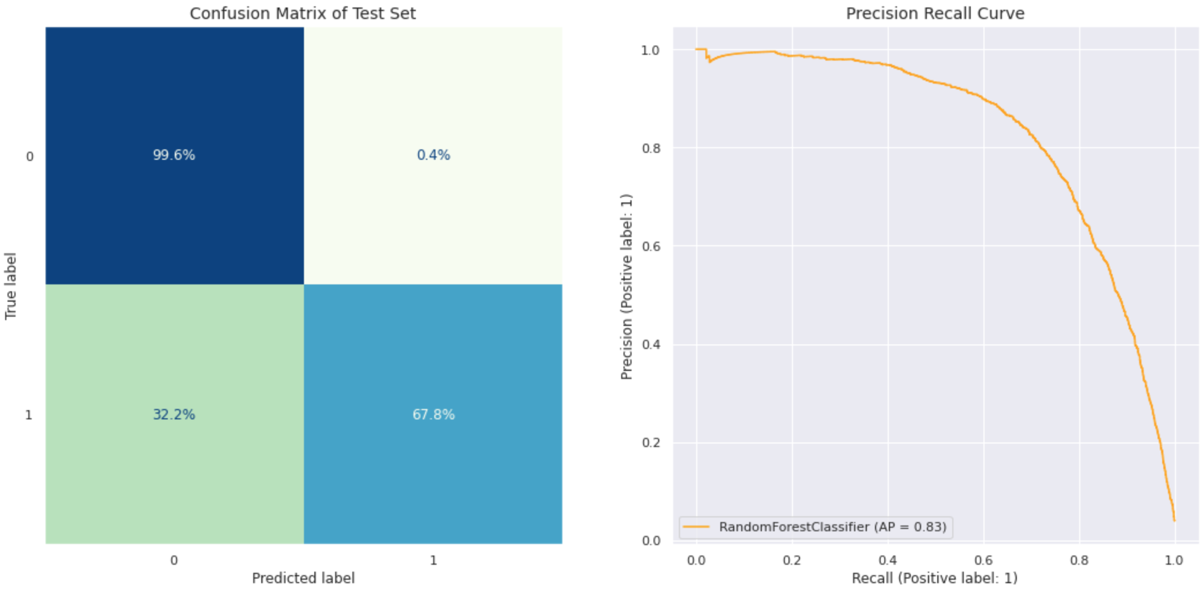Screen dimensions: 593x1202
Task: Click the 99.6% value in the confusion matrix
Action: tap(174, 155)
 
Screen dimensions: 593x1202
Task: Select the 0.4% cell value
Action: tap(433, 155)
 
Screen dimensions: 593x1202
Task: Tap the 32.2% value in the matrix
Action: tap(174, 415)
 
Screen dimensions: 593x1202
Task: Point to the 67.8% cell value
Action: tap(433, 415)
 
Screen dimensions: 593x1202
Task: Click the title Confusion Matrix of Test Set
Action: tap(303, 13)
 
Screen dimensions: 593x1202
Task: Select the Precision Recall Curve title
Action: tap(935, 13)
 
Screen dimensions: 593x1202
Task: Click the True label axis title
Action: tap(10, 286)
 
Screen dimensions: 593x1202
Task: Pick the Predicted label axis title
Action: tap(303, 578)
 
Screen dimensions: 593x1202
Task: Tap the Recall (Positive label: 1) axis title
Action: tap(934, 578)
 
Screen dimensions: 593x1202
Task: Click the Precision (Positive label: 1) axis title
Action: tap(626, 287)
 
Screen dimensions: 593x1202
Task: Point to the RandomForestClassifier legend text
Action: tap(832, 527)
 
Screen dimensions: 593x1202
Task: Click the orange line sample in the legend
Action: tap(696, 527)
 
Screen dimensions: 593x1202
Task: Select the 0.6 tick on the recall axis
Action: tap(983, 560)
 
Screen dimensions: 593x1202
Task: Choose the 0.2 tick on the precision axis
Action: tap(651, 442)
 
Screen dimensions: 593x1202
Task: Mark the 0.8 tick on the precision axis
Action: tap(651, 148)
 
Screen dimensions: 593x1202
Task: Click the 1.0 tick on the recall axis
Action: tap(1174, 560)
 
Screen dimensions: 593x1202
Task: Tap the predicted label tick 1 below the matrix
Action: tap(433, 560)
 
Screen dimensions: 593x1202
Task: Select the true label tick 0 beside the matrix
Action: tap(30, 156)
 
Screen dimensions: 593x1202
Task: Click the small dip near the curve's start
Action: tap(709, 61)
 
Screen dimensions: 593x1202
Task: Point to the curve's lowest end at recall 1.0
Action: tap(1174, 520)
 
